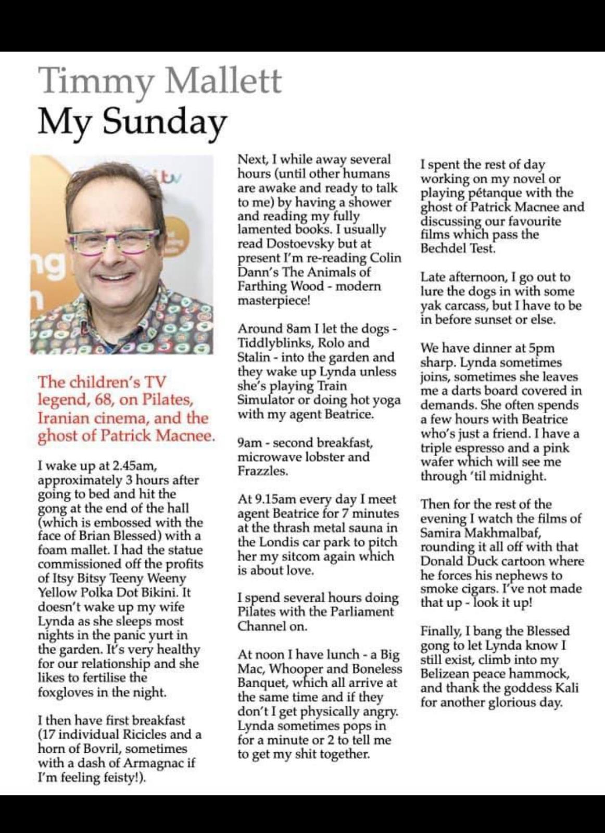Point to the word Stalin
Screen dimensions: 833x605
click(x=254, y=358)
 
